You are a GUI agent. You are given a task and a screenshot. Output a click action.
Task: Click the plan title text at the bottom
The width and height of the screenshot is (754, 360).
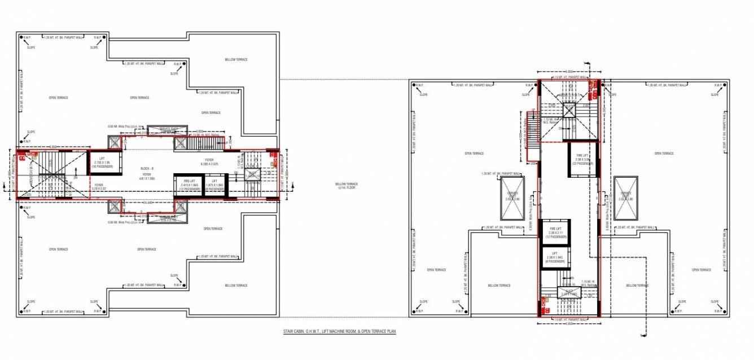tap(340, 333)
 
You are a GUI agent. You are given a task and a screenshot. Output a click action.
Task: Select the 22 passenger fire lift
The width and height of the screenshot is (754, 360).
tap(582, 159)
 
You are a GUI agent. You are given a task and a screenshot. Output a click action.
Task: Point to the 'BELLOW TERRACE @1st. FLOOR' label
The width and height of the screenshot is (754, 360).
tap(347, 186)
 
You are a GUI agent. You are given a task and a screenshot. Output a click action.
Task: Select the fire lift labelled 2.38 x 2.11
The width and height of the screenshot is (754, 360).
tap(555, 232)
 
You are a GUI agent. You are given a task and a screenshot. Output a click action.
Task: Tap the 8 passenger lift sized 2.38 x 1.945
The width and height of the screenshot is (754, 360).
tap(555, 259)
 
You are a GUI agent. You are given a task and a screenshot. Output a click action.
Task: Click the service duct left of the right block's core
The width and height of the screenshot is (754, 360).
tap(512, 198)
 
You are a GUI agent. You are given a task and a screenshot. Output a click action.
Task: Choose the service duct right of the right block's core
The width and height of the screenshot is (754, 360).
tap(626, 198)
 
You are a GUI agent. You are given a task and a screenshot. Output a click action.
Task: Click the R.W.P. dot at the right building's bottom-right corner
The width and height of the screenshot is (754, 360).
tap(718, 310)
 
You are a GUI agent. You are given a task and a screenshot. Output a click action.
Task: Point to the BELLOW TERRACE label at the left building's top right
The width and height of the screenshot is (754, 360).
tap(236, 59)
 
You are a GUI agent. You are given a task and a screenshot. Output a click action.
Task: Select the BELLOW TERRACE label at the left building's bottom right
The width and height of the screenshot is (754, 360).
tap(236, 285)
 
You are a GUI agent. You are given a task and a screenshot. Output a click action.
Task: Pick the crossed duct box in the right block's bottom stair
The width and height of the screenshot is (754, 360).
tap(568, 293)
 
